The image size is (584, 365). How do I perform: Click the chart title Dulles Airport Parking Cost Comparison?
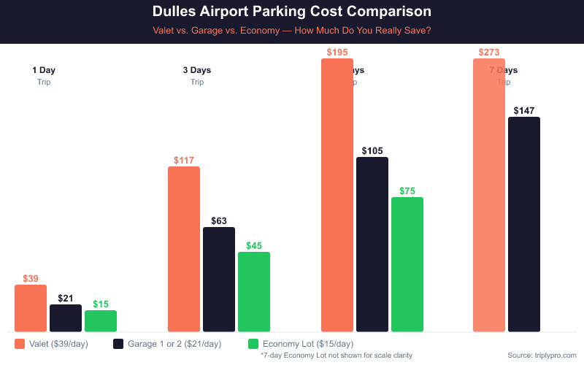pos(291,12)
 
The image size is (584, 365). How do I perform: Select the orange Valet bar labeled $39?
pos(31,308)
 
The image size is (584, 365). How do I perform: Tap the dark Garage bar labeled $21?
pos(66,318)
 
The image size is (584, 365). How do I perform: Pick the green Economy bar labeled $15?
pos(101,321)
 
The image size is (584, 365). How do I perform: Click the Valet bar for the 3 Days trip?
pos(184,249)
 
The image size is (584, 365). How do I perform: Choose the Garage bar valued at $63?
pos(219,280)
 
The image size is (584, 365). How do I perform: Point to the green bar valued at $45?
pos(254,292)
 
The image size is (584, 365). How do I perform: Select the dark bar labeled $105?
pos(372,245)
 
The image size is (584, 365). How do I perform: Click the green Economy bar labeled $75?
pos(407,264)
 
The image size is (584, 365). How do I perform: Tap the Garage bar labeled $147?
pos(524,224)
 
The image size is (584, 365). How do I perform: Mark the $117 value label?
pos(184,160)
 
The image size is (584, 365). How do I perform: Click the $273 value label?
pos(489,53)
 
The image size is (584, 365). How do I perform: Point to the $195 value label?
pos(337,53)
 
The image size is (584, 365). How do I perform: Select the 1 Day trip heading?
pos(44,71)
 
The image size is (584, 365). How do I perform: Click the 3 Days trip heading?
pos(197,71)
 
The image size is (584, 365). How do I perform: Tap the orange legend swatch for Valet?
pos(20,343)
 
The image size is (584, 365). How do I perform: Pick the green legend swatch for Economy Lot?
pos(254,343)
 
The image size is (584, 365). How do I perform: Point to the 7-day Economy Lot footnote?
pos(337,355)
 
